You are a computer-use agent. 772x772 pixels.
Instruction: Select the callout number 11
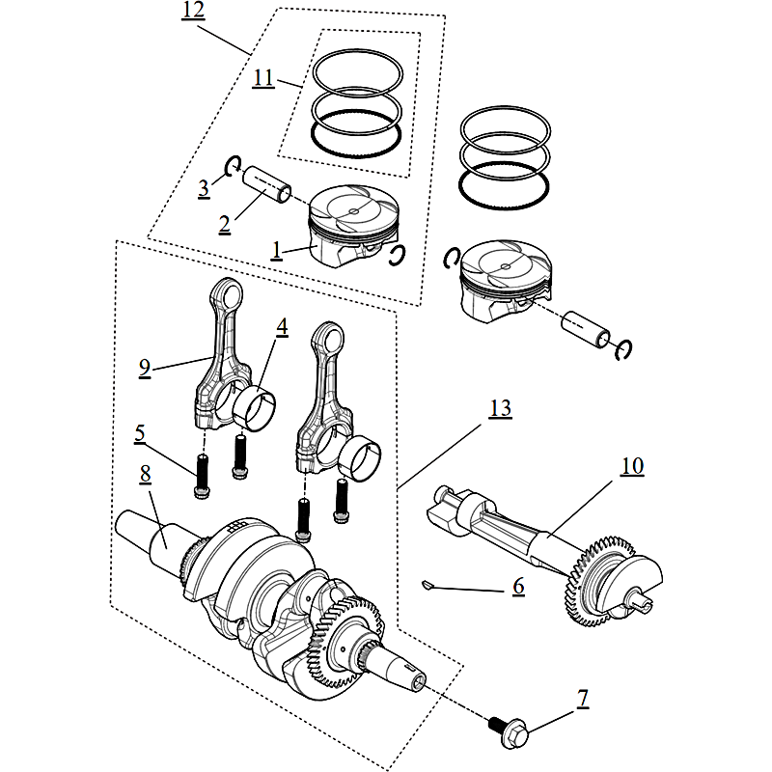pyautogui.click(x=262, y=78)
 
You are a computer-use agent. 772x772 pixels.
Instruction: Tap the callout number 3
pyautogui.click(x=204, y=187)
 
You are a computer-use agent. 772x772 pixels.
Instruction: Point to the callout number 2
pyautogui.click(x=224, y=224)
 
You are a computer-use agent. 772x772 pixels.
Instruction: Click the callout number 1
pyautogui.click(x=276, y=250)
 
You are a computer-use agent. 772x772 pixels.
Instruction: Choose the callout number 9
pyautogui.click(x=144, y=368)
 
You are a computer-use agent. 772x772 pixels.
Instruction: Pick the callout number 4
pyautogui.click(x=281, y=328)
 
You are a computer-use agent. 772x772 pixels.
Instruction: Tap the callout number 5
pyautogui.click(x=140, y=435)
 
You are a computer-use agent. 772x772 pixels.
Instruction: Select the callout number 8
pyautogui.click(x=146, y=475)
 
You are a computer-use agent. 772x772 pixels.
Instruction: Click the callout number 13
pyautogui.click(x=500, y=409)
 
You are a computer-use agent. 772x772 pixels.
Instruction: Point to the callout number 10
pyautogui.click(x=631, y=466)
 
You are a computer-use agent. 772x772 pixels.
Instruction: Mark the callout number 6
pyautogui.click(x=518, y=586)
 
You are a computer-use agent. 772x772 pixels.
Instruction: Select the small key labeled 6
pyautogui.click(x=430, y=583)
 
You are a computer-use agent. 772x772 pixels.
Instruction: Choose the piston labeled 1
pyautogui.click(x=352, y=227)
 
